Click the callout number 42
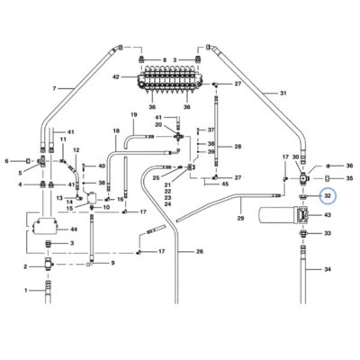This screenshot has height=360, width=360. (x=116, y=77)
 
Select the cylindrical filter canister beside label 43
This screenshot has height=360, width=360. (x=278, y=215)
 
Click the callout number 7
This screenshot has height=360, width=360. (x=54, y=88)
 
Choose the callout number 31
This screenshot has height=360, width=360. (x=283, y=94)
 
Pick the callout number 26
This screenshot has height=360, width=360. (x=200, y=251)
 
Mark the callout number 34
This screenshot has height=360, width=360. (x=328, y=269)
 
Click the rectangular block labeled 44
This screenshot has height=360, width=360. (x=45, y=227)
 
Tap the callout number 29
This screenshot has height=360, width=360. (x=240, y=219)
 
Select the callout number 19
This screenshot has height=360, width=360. (x=134, y=114)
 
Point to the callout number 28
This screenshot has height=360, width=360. (x=238, y=147)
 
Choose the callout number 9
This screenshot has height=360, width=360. (x=112, y=264)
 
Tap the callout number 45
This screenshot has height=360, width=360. (x=225, y=184)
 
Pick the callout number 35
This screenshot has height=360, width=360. (x=349, y=178)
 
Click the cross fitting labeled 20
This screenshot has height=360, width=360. (x=179, y=137)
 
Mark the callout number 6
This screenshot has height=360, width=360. (x=6, y=161)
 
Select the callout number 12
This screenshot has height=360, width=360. (x=76, y=149)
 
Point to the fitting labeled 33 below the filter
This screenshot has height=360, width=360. (x=302, y=233)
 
